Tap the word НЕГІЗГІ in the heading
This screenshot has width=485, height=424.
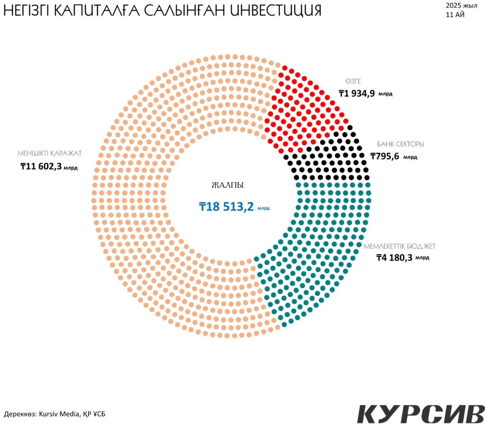[x=27, y=11]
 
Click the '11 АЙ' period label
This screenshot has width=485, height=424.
[x=455, y=15]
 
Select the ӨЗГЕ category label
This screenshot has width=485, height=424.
[x=353, y=81]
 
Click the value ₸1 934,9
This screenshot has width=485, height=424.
[x=357, y=93]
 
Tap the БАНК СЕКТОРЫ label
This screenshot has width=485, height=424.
[x=400, y=144]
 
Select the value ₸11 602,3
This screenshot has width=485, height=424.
[x=41, y=166]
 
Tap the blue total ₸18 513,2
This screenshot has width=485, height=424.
[x=226, y=206]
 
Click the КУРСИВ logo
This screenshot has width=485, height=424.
[x=421, y=414]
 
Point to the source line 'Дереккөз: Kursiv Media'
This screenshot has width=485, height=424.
[x=55, y=414]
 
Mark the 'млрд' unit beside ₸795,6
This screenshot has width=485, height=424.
[x=410, y=157]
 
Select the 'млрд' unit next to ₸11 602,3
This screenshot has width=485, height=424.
[x=71, y=168]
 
